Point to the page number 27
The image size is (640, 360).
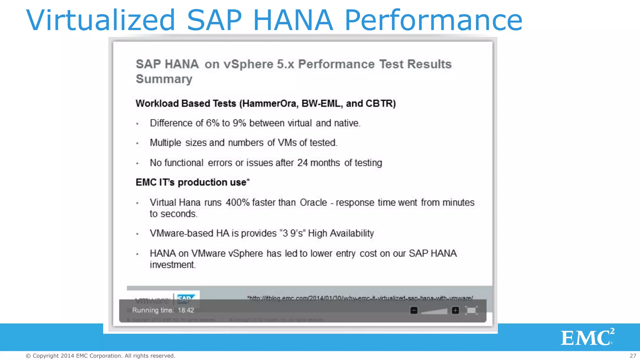tap(633, 356)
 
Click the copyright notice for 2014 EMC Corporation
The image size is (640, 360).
tap(100, 356)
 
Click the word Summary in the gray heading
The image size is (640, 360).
tap(164, 79)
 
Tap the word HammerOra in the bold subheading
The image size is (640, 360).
tap(269, 103)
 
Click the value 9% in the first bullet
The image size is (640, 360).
tap(239, 123)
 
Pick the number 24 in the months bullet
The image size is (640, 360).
tap(302, 163)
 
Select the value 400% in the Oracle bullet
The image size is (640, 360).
tap(237, 202)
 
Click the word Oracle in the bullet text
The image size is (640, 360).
tap(313, 202)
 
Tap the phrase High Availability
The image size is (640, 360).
tap(341, 233)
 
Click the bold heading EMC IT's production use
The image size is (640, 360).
tap(192, 182)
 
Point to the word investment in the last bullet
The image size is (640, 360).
tap(172, 265)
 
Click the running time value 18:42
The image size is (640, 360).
tap(186, 310)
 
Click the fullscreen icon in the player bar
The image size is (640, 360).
tap(471, 310)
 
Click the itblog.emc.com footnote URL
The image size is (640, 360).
tap(360, 298)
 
